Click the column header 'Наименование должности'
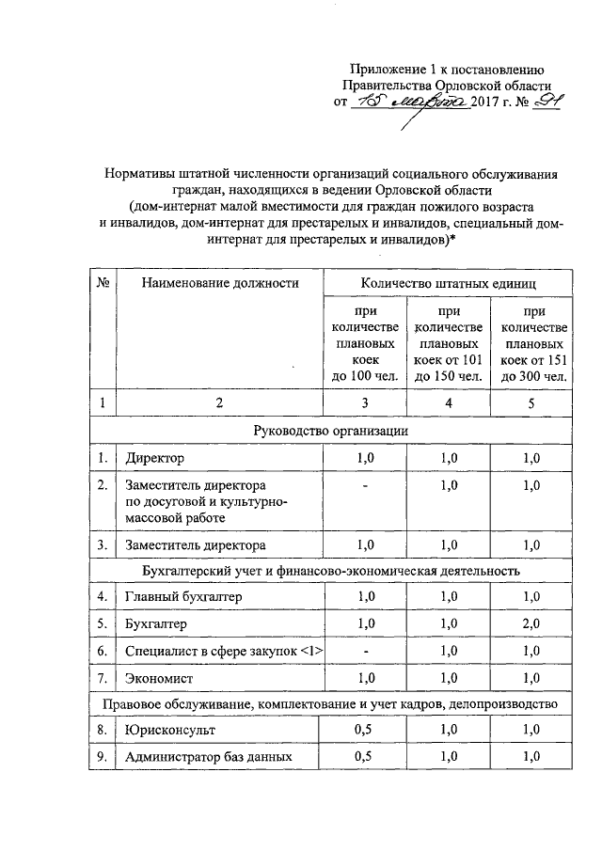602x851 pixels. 220,282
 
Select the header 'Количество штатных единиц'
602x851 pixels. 449,282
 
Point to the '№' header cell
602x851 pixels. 102,282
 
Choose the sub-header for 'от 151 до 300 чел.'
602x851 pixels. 533,342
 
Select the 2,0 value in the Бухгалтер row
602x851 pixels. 532,624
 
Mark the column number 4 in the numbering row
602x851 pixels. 449,403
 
